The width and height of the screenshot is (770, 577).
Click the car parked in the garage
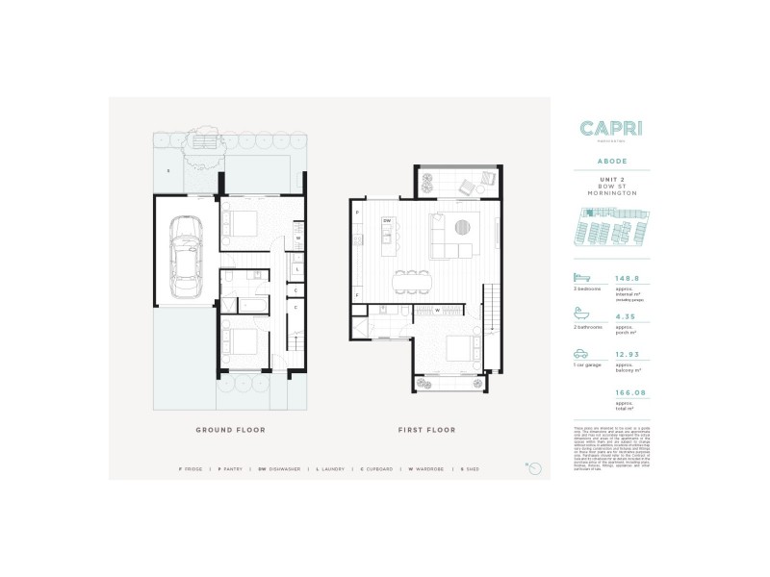(183, 257)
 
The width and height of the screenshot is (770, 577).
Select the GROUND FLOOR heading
(230, 430)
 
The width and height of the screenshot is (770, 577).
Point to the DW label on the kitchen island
(387, 221)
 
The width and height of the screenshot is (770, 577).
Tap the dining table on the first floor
(411, 280)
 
